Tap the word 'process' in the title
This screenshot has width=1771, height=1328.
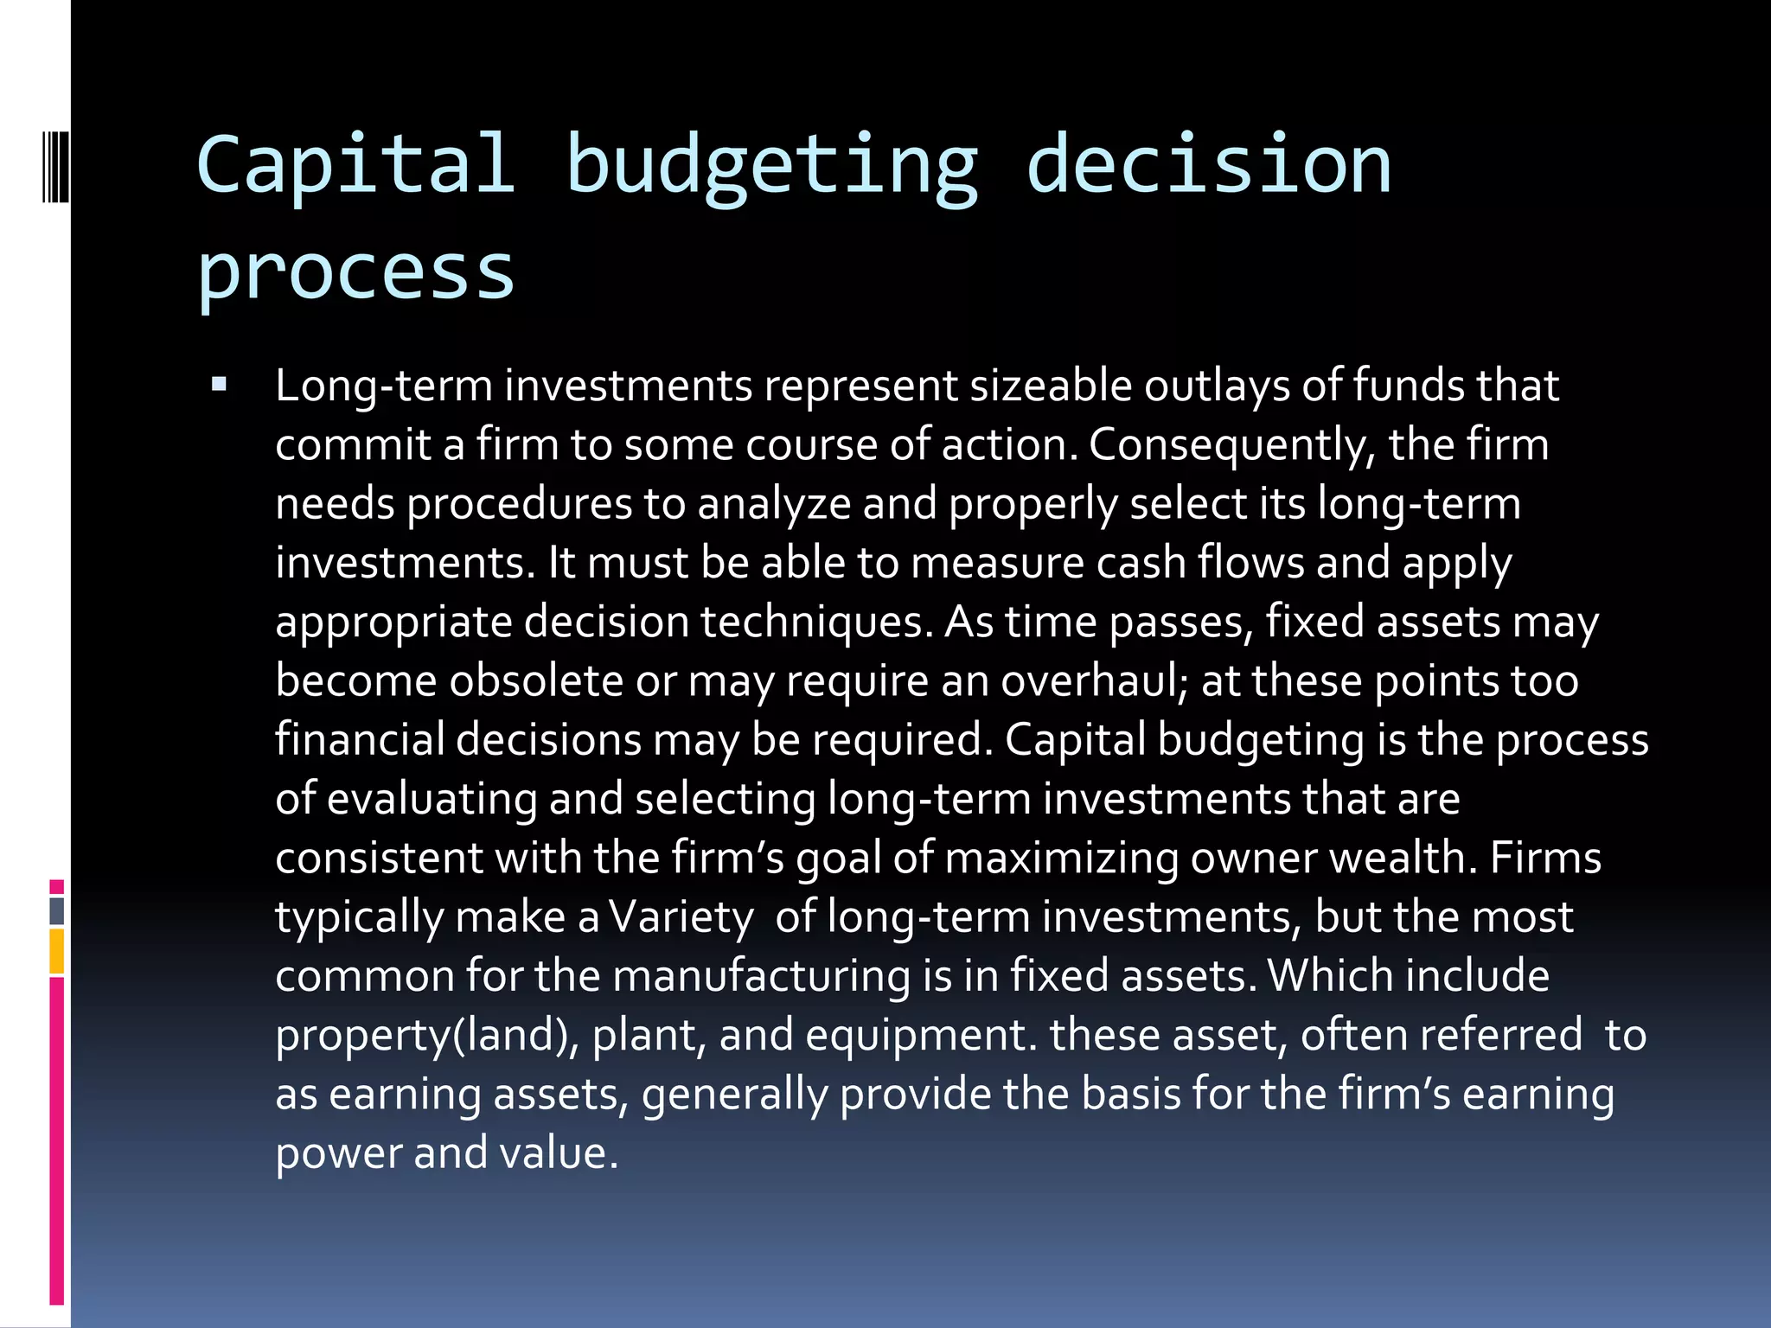355,271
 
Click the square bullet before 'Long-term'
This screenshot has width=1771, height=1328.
219,384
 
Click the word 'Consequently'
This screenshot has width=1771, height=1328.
1229,445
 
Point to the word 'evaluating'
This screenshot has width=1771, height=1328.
432,799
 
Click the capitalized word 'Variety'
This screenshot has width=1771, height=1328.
681,917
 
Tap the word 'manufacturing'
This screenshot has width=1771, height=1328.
761,976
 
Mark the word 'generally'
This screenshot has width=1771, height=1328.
734,1095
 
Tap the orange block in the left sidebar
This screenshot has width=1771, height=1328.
57,951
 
